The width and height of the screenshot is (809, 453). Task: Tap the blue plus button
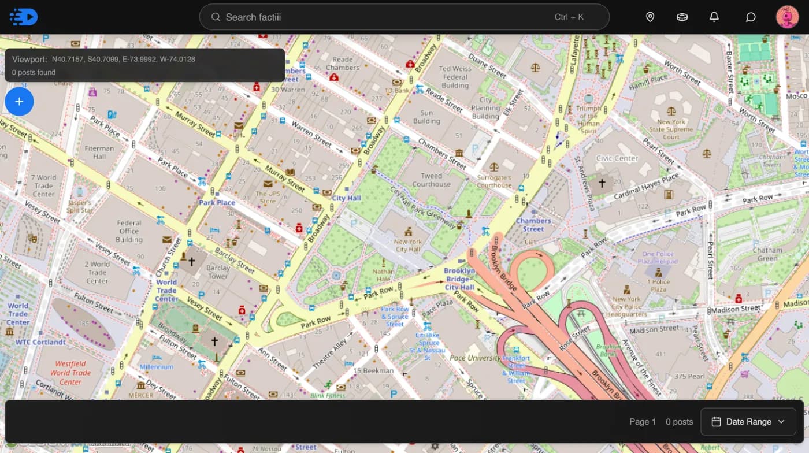pyautogui.click(x=19, y=102)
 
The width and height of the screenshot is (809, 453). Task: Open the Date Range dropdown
pyautogui.click(x=748, y=422)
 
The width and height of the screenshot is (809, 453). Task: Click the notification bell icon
pyautogui.click(x=714, y=17)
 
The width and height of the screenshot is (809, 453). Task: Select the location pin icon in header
pyautogui.click(x=650, y=17)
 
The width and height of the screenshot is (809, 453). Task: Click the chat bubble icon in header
pyautogui.click(x=751, y=17)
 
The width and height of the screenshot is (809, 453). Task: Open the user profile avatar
pyautogui.click(x=787, y=17)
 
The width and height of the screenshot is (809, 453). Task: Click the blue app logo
pyautogui.click(x=24, y=17)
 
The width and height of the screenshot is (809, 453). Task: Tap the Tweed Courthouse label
pyautogui.click(x=431, y=180)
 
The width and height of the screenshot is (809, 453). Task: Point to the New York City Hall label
pyautogui.click(x=408, y=246)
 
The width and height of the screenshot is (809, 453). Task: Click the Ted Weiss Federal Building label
pyautogui.click(x=455, y=77)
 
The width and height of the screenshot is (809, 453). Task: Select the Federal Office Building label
pyautogui.click(x=129, y=231)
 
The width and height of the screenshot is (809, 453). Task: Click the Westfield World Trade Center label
pyautogui.click(x=70, y=373)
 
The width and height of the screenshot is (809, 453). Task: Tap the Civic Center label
pyautogui.click(x=617, y=158)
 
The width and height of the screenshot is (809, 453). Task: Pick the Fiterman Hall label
pyautogui.click(x=99, y=153)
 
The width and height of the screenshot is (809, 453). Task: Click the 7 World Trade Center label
pyautogui.click(x=43, y=185)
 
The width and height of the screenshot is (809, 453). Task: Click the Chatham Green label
pyautogui.click(x=767, y=254)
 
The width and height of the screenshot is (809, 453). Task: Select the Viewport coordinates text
pyautogui.click(x=123, y=59)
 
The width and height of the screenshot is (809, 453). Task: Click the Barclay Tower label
pyautogui.click(x=218, y=272)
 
